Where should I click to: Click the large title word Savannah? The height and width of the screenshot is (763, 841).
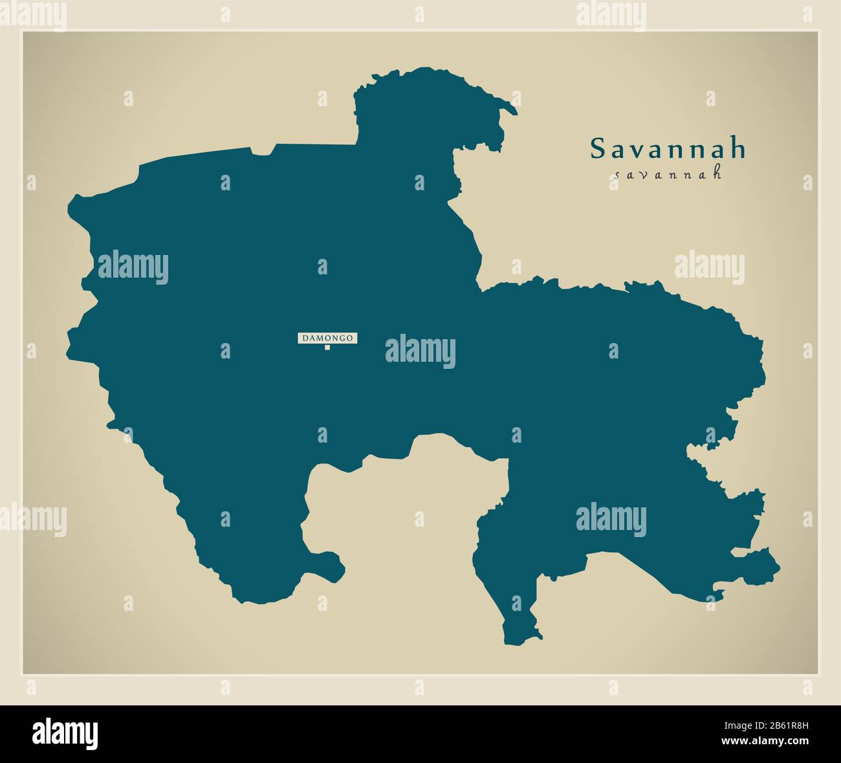tap(668, 149)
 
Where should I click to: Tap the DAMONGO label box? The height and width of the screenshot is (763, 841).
tap(327, 338)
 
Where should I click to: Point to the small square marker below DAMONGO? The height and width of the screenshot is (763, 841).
tap(327, 348)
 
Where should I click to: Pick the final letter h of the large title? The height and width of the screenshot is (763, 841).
tap(738, 149)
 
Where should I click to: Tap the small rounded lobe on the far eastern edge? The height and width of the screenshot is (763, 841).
tap(763, 566)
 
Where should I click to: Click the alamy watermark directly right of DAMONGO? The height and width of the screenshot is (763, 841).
tap(420, 351)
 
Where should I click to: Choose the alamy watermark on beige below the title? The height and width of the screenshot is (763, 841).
tap(709, 268)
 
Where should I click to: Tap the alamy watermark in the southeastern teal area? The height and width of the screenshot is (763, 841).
tap(611, 520)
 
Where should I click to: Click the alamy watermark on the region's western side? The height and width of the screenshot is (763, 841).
tap(133, 268)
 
